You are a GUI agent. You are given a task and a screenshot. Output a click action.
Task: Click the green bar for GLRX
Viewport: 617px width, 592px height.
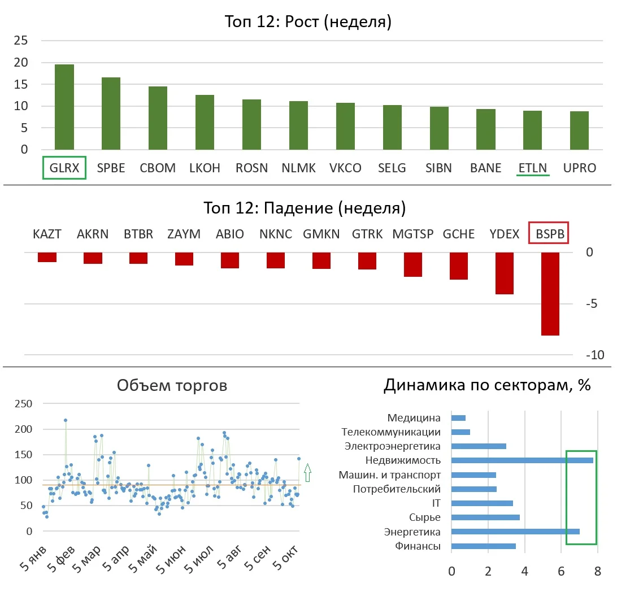point(64,107)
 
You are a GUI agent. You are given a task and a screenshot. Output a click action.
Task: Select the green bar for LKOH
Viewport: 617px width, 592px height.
point(205,123)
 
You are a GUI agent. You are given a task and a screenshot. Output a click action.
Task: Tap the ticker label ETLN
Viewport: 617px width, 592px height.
point(532,168)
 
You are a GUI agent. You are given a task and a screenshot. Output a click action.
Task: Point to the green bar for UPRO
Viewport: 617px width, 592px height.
point(579,130)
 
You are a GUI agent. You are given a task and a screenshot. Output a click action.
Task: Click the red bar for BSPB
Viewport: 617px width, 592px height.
point(550,294)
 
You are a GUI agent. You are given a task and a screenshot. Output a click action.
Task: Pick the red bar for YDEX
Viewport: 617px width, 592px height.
point(505,273)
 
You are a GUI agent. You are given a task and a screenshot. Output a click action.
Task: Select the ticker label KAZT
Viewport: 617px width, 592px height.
point(47,234)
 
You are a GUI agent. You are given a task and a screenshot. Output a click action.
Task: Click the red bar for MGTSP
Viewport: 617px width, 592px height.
point(413,265)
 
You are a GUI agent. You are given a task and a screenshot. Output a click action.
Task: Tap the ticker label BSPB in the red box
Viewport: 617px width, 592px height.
point(550,234)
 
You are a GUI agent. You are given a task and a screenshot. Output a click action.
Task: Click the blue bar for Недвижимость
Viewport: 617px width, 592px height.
point(522,460)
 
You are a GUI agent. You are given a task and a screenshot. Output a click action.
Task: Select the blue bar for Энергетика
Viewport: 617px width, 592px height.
point(515,532)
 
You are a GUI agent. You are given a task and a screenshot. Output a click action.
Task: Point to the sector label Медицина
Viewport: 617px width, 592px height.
point(414,418)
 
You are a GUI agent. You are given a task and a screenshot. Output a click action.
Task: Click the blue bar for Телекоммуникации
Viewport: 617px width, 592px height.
point(461,432)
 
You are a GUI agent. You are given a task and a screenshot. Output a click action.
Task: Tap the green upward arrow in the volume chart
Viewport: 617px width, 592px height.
point(308,472)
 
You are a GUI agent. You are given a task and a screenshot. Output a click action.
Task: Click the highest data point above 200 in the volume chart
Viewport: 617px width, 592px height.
point(66,420)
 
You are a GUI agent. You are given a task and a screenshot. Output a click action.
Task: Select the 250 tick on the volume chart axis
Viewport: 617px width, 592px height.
point(23,403)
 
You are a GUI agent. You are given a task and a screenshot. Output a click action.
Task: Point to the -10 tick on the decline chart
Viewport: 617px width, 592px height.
point(595,355)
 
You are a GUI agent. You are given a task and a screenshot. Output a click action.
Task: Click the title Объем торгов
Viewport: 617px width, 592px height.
point(172,385)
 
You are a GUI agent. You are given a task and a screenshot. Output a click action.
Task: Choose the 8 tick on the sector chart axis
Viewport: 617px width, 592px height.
point(597,571)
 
